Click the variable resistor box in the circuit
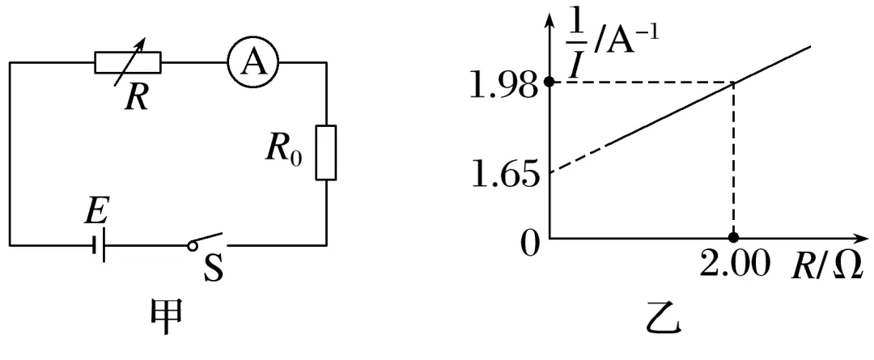(x=128, y=61)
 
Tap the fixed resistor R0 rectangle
(x=325, y=152)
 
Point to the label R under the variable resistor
(x=135, y=97)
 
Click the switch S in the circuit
(x=207, y=241)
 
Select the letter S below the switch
(x=212, y=269)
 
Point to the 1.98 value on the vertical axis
(x=502, y=83)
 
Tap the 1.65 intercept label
(x=502, y=174)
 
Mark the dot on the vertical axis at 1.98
(x=549, y=82)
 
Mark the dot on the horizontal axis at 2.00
(x=733, y=239)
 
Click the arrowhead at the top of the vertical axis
(x=549, y=18)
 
